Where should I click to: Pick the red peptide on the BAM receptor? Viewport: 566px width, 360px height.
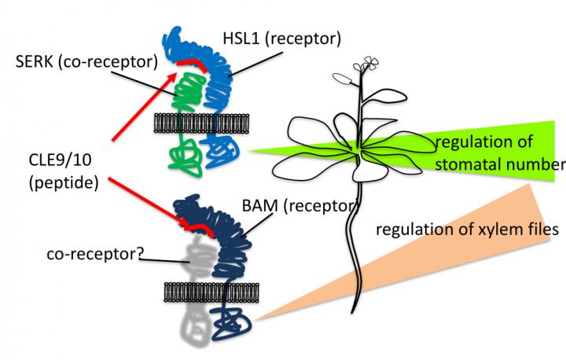pos(197,230)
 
